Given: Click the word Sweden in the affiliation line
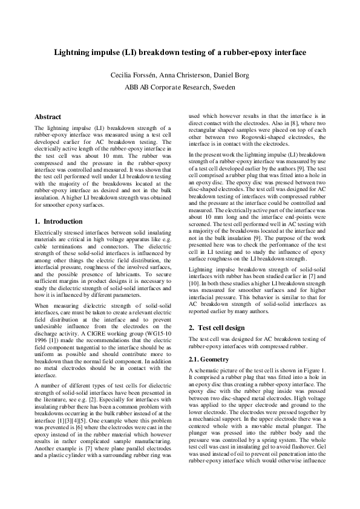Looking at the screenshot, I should [221, 86].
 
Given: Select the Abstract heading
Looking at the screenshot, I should [48, 116].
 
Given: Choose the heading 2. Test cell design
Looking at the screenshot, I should [217, 327].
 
